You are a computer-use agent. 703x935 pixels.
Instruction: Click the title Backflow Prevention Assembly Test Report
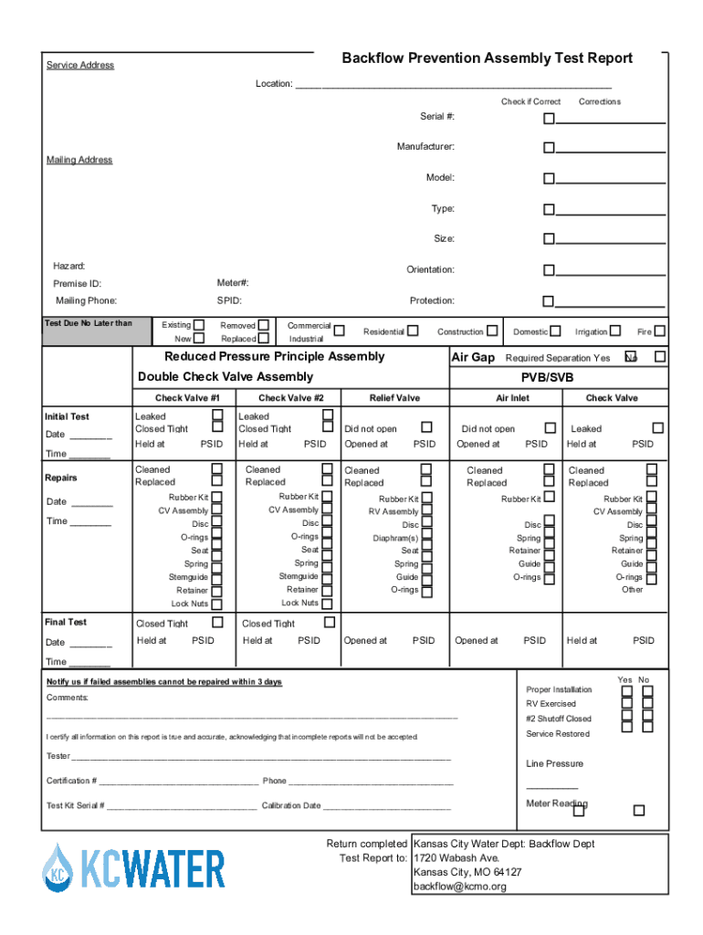(487, 58)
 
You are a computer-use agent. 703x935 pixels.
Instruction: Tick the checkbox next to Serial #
(549, 118)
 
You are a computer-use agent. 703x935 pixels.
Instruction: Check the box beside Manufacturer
(549, 148)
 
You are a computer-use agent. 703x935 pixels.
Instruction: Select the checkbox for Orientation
(549, 270)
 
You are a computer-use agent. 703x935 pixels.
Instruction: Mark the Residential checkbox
(414, 331)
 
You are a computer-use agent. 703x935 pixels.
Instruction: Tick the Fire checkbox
(659, 331)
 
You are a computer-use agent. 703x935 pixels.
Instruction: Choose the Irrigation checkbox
(615, 331)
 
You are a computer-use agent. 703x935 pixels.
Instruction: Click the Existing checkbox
(199, 324)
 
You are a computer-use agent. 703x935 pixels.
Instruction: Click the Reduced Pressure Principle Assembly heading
(274, 357)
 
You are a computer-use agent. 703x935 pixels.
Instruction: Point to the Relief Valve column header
(394, 398)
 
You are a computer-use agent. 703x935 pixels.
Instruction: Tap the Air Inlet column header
(512, 398)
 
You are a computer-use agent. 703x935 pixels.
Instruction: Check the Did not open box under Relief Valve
(426, 427)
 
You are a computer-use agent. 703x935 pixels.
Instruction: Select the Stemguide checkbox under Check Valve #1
(216, 577)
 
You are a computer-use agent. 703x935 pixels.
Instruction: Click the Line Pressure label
(554, 764)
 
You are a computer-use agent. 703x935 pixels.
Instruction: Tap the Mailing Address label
(79, 160)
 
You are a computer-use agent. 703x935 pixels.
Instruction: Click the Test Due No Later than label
(89, 323)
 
